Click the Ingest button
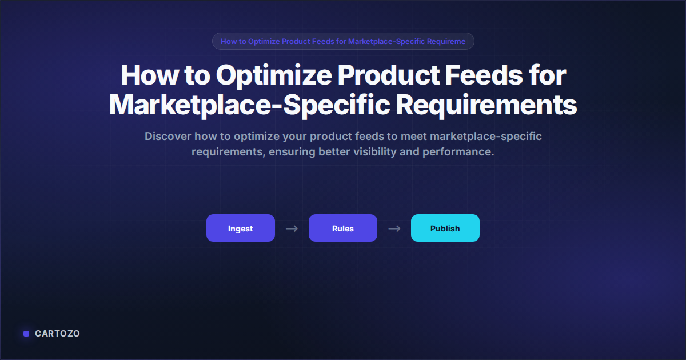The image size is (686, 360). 240,228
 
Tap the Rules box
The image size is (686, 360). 342,228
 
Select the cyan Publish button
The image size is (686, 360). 445,228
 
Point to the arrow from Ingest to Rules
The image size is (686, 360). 292,229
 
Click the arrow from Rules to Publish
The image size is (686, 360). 394,229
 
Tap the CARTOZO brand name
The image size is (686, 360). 57,333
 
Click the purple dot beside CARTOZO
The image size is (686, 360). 26,334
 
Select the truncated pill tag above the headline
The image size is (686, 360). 343,41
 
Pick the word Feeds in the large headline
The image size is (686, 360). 478,75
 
